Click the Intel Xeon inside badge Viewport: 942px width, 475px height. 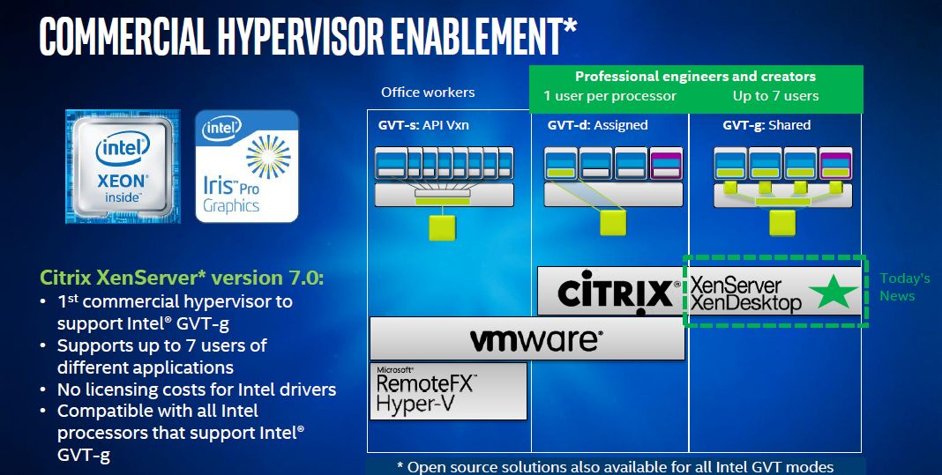click(x=123, y=167)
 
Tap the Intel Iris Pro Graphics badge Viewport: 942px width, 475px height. click(x=247, y=167)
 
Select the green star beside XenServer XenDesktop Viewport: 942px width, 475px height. click(x=834, y=292)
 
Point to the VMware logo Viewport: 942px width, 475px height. click(x=527, y=339)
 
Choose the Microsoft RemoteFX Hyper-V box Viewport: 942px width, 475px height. click(x=448, y=391)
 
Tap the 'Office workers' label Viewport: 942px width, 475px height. click(x=428, y=93)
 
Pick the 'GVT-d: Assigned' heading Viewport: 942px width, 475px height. click(x=598, y=125)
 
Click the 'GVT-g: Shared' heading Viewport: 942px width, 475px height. click(x=766, y=125)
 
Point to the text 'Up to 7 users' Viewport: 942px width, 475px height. click(x=775, y=96)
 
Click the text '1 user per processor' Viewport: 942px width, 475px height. click(x=609, y=96)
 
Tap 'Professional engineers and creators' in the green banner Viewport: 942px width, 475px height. click(x=696, y=77)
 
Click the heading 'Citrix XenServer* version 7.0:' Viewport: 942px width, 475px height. click(x=182, y=278)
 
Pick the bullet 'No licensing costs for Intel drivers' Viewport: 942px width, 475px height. click(x=197, y=390)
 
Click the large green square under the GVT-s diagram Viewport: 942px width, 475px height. click(x=442, y=227)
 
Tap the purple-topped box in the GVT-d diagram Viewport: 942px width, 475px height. click(x=666, y=164)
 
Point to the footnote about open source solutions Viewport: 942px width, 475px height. click(x=615, y=466)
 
